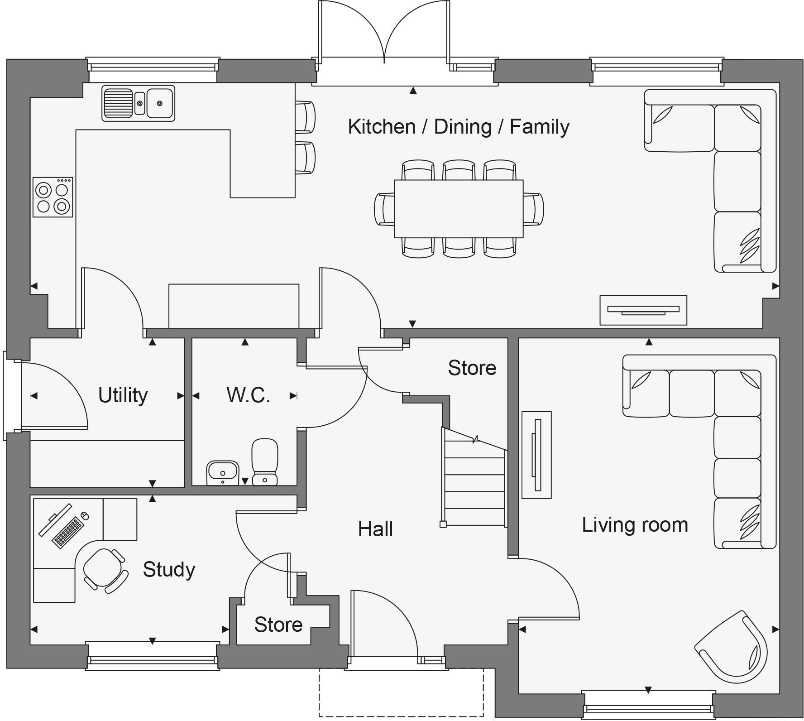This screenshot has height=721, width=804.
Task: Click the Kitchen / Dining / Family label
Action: coord(458,126)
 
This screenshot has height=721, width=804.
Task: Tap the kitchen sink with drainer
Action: coord(138,103)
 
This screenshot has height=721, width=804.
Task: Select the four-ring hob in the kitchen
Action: coord(53,197)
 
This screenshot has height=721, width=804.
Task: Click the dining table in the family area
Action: coord(459,208)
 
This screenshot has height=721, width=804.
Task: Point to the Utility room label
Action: coord(123,395)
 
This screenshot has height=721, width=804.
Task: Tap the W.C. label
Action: coord(248,395)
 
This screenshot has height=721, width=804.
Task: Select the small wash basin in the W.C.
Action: coord(222,472)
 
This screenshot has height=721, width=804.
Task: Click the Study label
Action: coord(169,569)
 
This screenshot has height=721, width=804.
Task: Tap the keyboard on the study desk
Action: coord(68,533)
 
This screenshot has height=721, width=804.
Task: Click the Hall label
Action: coord(375,529)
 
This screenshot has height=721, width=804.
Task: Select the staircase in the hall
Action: coord(474,480)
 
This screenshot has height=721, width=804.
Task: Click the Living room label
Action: coord(635,524)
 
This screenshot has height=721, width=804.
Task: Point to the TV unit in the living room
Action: coord(536,455)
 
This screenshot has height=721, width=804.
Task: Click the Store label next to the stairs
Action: coord(472,368)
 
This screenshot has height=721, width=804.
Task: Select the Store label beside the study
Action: coord(278,625)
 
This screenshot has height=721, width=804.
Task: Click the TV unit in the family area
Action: coord(643,310)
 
